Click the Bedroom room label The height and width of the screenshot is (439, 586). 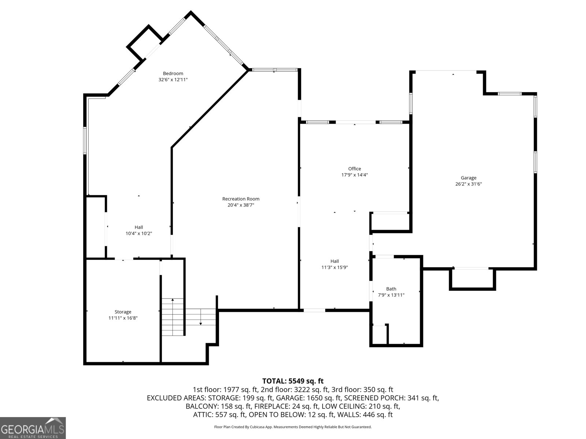coord(173,73)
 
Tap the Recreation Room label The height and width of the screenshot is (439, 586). coord(241,199)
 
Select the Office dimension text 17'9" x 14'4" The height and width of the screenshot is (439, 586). coord(355,175)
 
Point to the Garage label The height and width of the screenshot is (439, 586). coord(468,178)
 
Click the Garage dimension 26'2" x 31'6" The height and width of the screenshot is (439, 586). coord(468,184)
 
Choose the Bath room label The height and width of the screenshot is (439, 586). coord(391,289)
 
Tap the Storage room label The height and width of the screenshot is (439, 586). coord(123,312)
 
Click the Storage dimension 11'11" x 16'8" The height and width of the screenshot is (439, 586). coord(123,318)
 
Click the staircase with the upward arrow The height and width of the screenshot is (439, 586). coord(173,317)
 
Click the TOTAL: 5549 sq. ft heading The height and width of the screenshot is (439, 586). coord(293,381)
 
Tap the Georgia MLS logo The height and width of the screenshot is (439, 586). coord(33,428)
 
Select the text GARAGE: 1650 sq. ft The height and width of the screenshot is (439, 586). coord(309,398)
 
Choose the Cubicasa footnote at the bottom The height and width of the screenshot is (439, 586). coord(293,427)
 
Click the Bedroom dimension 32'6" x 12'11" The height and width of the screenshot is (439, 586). coord(173,79)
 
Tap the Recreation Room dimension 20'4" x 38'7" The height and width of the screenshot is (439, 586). coord(241,205)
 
